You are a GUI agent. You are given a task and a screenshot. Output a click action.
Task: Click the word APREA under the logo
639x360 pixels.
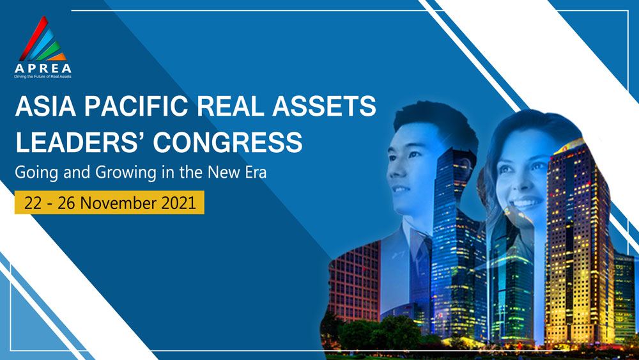(x=43, y=68)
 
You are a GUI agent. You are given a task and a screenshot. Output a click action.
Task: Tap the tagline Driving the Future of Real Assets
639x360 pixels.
(x=43, y=77)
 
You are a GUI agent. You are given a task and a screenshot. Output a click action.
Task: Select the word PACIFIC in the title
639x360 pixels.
(x=136, y=106)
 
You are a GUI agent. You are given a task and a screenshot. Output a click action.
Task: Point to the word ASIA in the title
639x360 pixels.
(x=45, y=106)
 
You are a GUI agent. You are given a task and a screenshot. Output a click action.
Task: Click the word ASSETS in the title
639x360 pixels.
(x=325, y=106)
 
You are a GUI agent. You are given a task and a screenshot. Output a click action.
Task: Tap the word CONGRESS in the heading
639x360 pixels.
(x=228, y=143)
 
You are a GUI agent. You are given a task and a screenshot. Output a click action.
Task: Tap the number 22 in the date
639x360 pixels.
(x=33, y=203)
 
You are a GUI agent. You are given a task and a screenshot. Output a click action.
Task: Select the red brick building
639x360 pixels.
(x=355, y=281)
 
